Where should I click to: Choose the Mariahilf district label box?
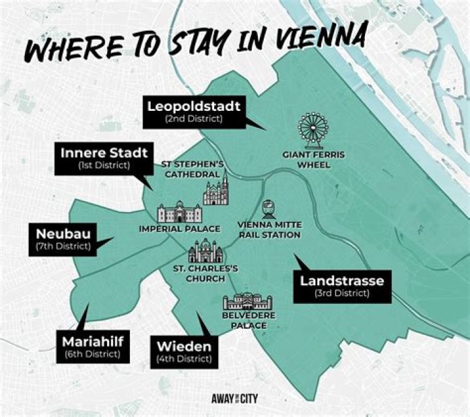point(91,347)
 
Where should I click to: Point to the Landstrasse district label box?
point(341,286)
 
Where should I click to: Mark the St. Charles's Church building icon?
point(205,252)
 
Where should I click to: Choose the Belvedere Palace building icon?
point(247,303)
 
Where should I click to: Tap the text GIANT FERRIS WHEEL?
point(313,160)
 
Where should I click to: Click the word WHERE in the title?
point(69,48)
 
